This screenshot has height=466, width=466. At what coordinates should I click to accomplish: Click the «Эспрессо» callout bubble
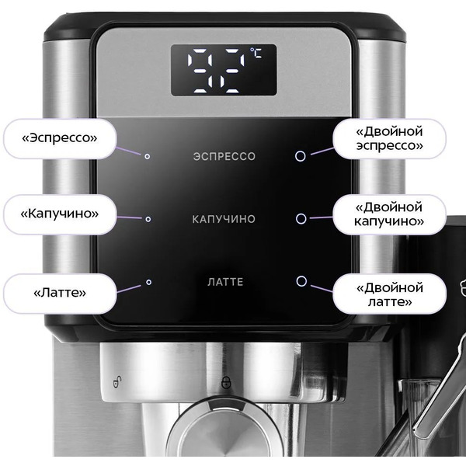point(60,138)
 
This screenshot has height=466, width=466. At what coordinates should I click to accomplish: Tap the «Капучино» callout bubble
point(60,214)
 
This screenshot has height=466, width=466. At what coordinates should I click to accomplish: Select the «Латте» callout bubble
point(60,293)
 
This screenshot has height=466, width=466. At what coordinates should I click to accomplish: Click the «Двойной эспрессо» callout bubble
point(389,138)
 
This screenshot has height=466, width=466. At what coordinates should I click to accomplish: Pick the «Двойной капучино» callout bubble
point(389,214)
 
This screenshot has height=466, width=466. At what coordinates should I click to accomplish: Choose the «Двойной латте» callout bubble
point(389,294)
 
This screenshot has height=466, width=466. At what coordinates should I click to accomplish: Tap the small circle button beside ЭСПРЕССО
point(147,156)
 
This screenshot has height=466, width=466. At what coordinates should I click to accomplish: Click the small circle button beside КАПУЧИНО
point(148,219)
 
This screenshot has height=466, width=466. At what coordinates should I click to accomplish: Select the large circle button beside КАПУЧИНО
point(301,218)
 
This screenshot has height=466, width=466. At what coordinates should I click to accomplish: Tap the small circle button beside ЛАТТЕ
point(148,282)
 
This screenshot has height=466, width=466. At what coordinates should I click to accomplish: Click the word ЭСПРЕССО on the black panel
point(224,156)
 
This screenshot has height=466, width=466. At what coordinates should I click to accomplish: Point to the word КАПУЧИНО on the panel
point(224,219)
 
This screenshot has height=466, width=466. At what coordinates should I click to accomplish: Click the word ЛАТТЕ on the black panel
point(225,282)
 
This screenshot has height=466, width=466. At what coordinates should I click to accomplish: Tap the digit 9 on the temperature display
point(200,71)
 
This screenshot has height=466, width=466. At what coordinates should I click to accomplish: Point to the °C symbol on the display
point(256,53)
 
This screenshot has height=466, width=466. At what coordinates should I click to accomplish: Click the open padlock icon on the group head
point(117,382)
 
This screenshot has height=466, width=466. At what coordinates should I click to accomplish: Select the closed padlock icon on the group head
point(227,382)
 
